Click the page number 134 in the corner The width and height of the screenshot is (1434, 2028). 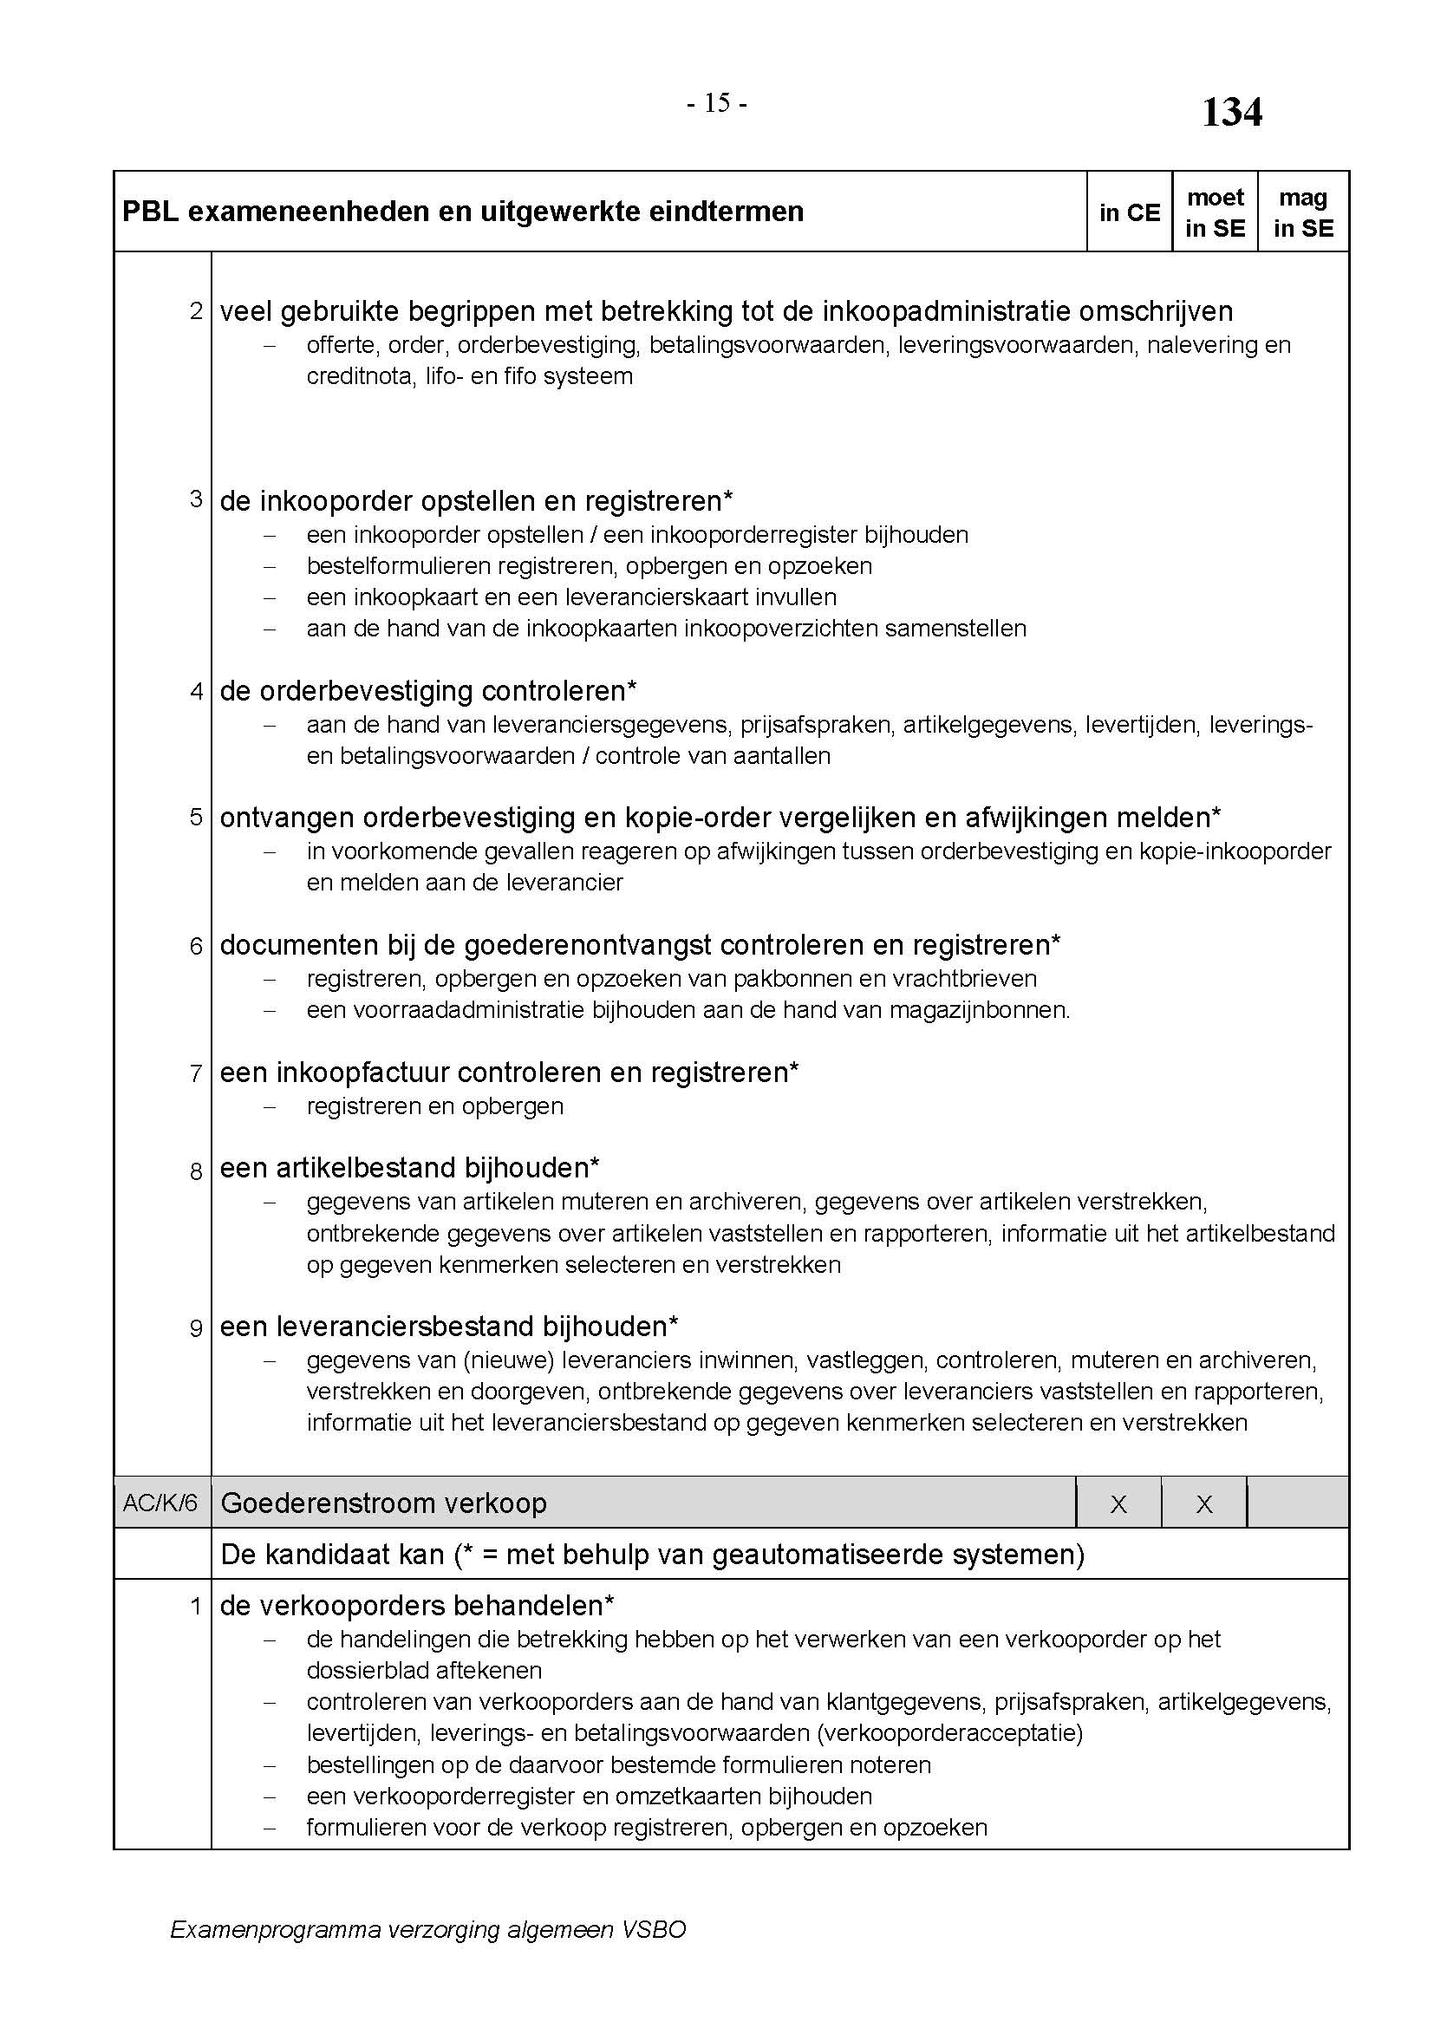click(x=1232, y=113)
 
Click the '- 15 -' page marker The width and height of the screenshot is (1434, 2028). click(x=716, y=104)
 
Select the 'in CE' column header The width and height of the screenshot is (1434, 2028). click(x=1130, y=213)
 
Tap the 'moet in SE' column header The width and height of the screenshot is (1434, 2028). click(x=1215, y=213)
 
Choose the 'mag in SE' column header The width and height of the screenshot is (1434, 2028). click(x=1303, y=213)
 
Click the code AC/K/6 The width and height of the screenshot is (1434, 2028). click(x=160, y=1503)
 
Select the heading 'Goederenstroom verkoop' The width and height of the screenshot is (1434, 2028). click(x=383, y=1503)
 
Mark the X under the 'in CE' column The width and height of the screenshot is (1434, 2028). click(x=1118, y=1504)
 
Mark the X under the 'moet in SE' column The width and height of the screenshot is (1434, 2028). click(x=1203, y=1504)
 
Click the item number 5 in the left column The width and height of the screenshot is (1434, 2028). click(x=196, y=817)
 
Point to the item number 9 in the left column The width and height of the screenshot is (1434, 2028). click(x=196, y=1327)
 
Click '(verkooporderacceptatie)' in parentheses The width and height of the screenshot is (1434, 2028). click(x=949, y=1732)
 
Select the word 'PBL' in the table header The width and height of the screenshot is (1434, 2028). click(x=150, y=212)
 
